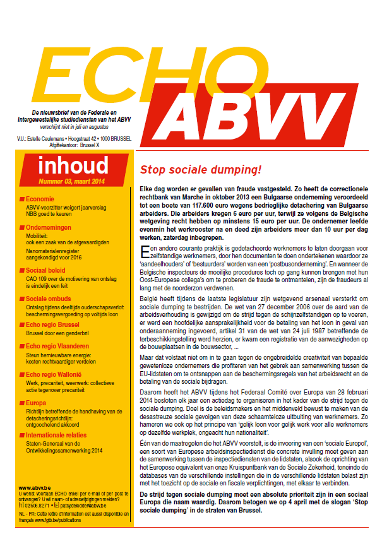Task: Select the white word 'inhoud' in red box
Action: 73,166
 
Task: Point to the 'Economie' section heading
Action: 41,199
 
